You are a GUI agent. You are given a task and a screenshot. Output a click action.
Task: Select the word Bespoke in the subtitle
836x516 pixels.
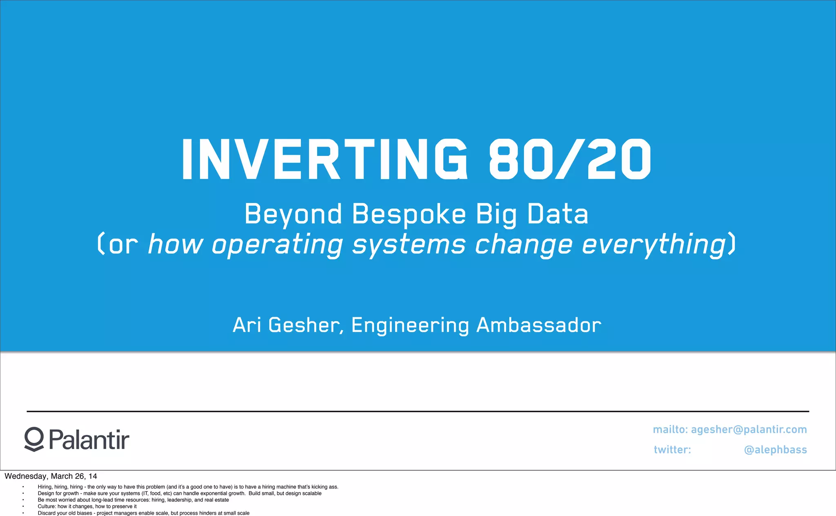tap(409, 214)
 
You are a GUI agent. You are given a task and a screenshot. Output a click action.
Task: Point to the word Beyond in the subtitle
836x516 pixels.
tap(293, 214)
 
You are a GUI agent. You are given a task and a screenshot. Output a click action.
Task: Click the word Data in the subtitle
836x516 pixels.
tap(558, 214)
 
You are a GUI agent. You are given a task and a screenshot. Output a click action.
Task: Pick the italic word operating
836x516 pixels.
tap(277, 245)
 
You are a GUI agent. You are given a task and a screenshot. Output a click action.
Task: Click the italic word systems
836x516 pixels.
tap(409, 245)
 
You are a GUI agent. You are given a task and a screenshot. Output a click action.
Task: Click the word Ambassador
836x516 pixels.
tap(539, 325)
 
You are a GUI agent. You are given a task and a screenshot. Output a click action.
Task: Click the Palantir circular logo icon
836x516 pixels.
tap(34, 439)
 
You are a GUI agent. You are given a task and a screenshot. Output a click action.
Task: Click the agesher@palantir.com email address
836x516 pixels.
tap(749, 429)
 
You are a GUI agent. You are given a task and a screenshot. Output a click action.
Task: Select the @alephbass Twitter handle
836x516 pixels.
tap(775, 450)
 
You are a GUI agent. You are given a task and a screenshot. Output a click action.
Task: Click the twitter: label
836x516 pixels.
tap(672, 450)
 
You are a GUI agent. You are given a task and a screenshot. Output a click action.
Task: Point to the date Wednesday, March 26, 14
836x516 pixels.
tap(51, 476)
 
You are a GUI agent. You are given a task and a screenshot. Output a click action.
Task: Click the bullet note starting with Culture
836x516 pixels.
tap(87, 507)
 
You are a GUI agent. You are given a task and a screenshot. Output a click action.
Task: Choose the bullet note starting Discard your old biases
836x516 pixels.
tap(143, 513)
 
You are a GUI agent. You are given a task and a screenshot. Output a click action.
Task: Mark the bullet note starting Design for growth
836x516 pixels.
tap(180, 494)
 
